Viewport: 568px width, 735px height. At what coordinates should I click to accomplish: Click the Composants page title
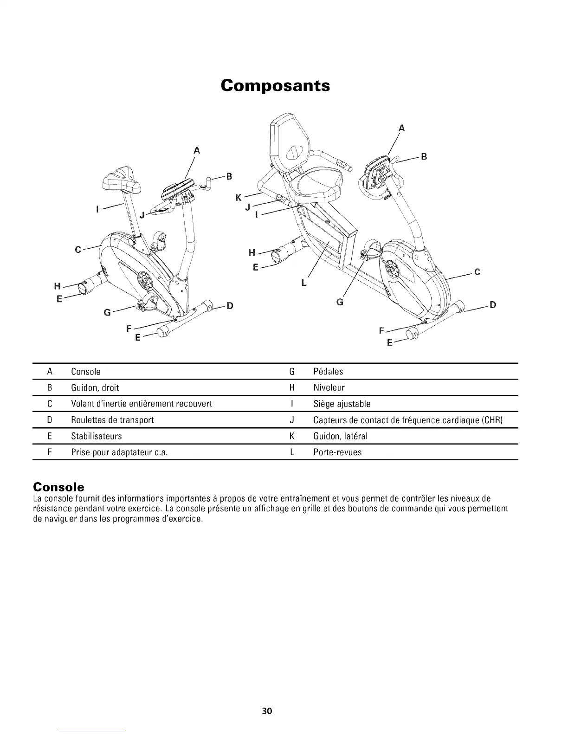[x=275, y=86]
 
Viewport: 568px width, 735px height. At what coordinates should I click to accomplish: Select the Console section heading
[x=58, y=487]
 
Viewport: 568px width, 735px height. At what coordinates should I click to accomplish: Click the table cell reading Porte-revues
[x=337, y=452]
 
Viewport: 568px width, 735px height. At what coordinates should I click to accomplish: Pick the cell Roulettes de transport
[x=112, y=420]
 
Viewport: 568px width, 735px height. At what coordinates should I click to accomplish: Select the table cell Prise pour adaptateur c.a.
[x=119, y=452]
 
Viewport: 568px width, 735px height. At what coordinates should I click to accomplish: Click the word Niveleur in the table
[x=329, y=388]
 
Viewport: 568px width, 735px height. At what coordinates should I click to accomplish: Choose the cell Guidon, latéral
[x=341, y=436]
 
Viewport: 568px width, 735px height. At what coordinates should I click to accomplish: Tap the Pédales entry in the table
[x=328, y=372]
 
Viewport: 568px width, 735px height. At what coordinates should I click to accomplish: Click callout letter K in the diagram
[x=239, y=198]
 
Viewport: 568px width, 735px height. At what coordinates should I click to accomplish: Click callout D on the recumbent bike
[x=493, y=305]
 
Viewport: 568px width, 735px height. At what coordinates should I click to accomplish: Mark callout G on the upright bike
[x=107, y=312]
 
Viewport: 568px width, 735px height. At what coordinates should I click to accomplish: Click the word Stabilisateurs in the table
[x=97, y=436]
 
